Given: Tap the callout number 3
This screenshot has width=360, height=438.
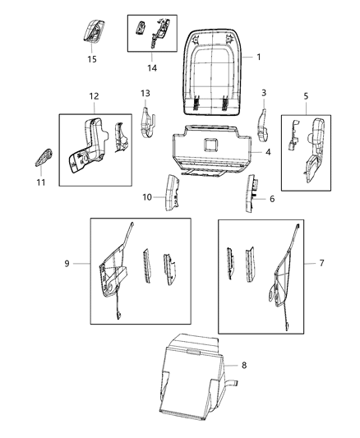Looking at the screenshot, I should (x=264, y=93).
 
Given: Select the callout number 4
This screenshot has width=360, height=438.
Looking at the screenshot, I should (x=268, y=152).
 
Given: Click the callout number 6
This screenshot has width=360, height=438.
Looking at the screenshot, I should (x=272, y=197).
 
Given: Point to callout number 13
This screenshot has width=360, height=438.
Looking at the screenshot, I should (x=145, y=93).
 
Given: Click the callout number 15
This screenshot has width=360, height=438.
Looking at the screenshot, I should (x=91, y=58).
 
